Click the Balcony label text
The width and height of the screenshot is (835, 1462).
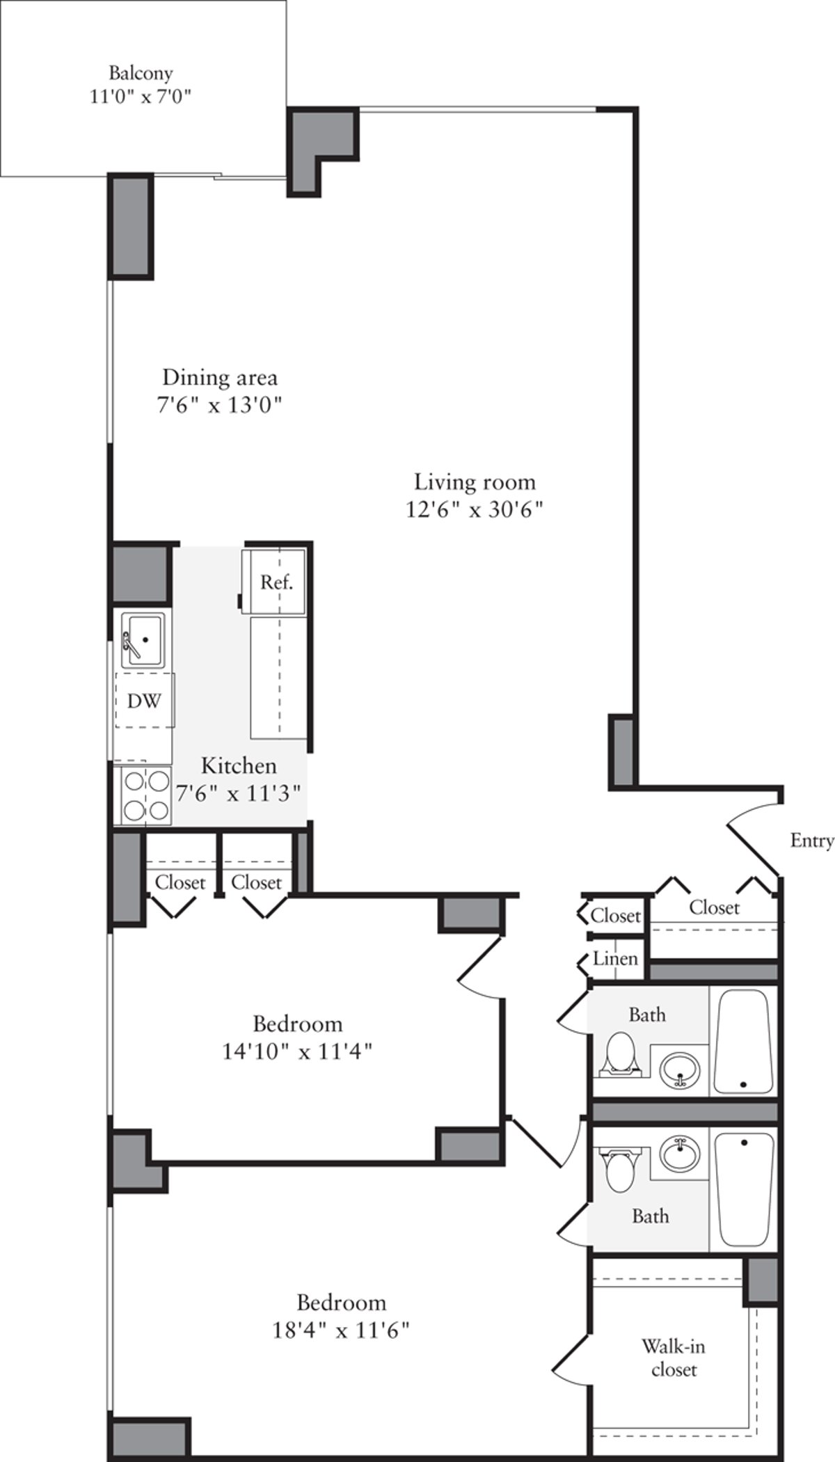click(141, 73)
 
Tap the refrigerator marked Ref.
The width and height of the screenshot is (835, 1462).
click(276, 582)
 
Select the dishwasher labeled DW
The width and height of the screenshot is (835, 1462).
click(144, 700)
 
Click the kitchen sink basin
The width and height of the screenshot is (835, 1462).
click(143, 639)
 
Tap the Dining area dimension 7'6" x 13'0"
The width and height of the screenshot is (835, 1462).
click(219, 405)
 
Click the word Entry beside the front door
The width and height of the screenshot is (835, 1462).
click(811, 841)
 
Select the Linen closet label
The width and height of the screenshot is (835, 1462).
click(615, 959)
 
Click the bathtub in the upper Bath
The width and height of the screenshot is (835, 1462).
click(743, 1042)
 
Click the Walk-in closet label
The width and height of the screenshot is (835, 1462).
click(673, 1358)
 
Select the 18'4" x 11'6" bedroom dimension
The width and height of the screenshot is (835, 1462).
click(341, 1330)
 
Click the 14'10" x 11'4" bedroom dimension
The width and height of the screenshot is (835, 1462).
click(298, 1051)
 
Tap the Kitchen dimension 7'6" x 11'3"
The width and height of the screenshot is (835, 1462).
click(239, 793)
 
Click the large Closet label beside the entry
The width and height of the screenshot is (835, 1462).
click(714, 907)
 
